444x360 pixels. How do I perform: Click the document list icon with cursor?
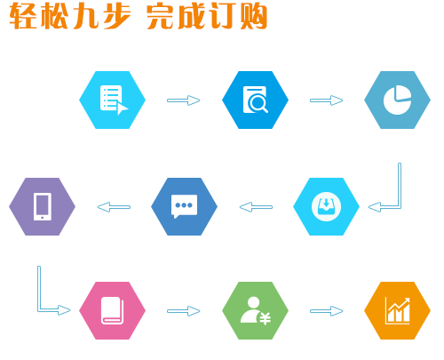click(x=114, y=100)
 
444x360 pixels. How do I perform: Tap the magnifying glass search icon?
click(x=256, y=100)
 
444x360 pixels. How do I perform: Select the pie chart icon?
click(x=397, y=100)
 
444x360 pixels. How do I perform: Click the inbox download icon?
click(x=326, y=206)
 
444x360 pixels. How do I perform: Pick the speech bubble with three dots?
click(x=184, y=206)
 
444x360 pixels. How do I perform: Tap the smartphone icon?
click(x=43, y=206)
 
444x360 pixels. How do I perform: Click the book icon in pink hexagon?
click(x=112, y=310)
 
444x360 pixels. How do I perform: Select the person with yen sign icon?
click(x=256, y=310)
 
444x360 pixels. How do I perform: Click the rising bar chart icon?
click(x=398, y=310)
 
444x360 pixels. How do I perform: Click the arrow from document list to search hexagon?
click(x=184, y=100)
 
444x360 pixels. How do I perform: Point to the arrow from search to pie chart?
click(x=326, y=100)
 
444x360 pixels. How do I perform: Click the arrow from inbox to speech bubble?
click(x=256, y=207)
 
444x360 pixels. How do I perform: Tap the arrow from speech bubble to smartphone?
click(x=114, y=207)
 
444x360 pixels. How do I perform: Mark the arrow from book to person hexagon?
click(x=184, y=311)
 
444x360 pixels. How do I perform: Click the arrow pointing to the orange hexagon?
click(x=326, y=311)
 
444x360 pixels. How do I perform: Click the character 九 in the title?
click(x=85, y=16)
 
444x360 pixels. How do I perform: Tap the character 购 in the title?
click(x=254, y=16)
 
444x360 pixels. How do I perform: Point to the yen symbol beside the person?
click(x=266, y=319)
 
